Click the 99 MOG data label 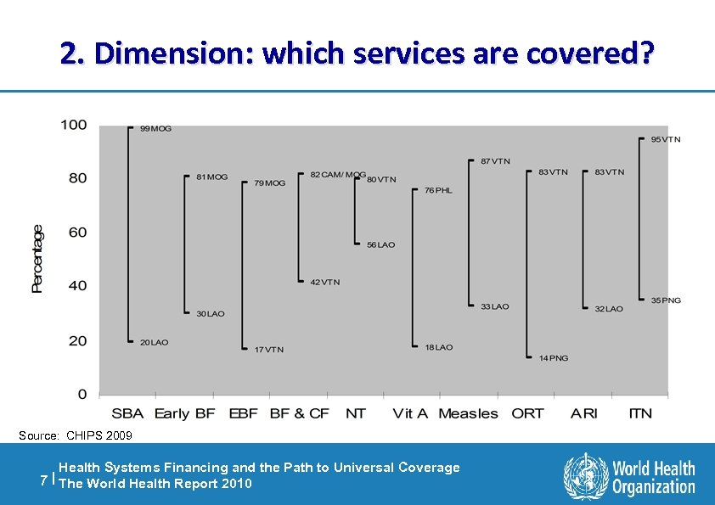155,129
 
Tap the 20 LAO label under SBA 154,343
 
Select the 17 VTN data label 269,350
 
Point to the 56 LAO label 380,245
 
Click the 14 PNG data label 554,358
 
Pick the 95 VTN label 666,139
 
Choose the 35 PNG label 666,300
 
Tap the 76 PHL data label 438,190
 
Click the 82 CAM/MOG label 338,174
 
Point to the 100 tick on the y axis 73,126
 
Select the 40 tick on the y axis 77,286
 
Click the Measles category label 468,413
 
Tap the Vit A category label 410,413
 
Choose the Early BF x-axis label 184,413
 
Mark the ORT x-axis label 527,413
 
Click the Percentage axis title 37,259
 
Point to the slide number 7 44,480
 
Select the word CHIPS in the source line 82,435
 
